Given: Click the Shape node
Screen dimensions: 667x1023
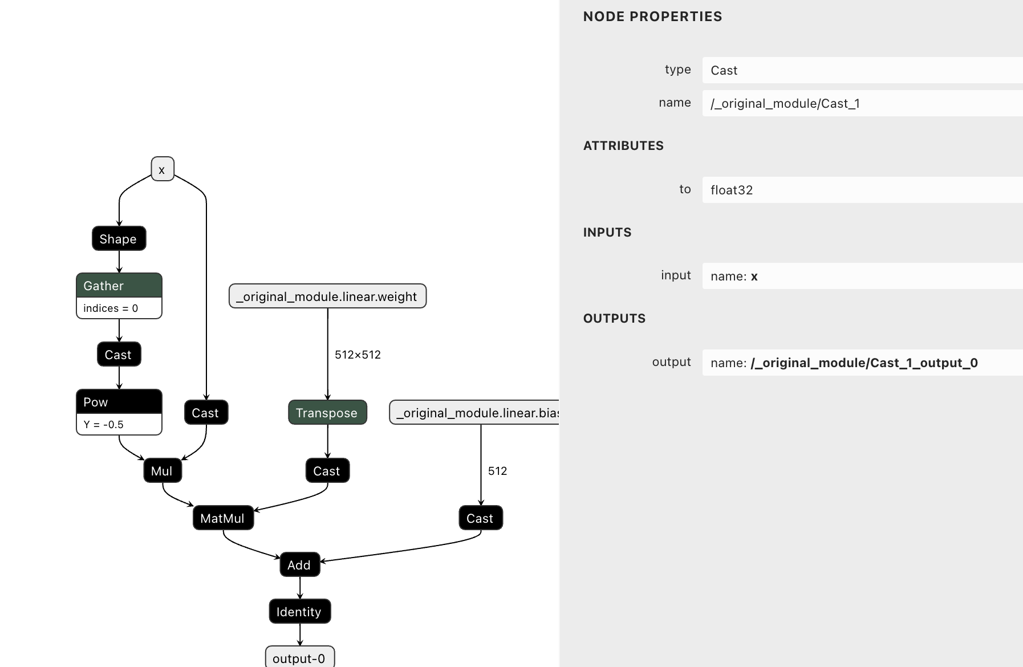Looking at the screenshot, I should [x=119, y=239].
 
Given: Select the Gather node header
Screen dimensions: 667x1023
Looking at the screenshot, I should [x=119, y=286].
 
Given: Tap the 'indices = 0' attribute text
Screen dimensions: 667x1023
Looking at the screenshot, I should [x=111, y=308].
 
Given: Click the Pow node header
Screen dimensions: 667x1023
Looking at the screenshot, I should [x=119, y=402].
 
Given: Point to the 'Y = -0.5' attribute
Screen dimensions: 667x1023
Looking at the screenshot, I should [x=104, y=425].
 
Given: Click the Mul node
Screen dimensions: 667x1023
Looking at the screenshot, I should [x=162, y=471].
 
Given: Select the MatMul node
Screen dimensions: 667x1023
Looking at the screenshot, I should [x=222, y=518].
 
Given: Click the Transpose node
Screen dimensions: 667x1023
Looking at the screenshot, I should [x=327, y=413].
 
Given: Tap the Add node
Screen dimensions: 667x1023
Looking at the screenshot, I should [x=299, y=565].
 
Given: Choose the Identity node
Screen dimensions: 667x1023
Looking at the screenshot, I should [x=299, y=612].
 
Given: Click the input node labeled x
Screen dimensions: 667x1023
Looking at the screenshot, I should [x=162, y=169].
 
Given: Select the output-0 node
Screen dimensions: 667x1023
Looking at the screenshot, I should [x=299, y=658].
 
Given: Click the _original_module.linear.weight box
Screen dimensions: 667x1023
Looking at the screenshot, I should [x=327, y=296].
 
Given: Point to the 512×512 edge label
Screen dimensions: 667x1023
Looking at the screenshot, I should [x=358, y=355].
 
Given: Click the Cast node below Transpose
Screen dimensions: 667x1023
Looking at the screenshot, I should [x=327, y=471].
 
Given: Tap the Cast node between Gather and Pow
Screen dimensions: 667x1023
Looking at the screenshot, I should [x=119, y=355].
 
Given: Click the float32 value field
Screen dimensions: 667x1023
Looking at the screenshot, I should [x=861, y=190].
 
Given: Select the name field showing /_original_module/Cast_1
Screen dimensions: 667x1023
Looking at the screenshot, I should [x=861, y=103].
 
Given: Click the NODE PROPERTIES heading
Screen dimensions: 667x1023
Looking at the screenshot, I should [x=652, y=17].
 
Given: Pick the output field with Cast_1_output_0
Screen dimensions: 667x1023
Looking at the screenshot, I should [x=861, y=363].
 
